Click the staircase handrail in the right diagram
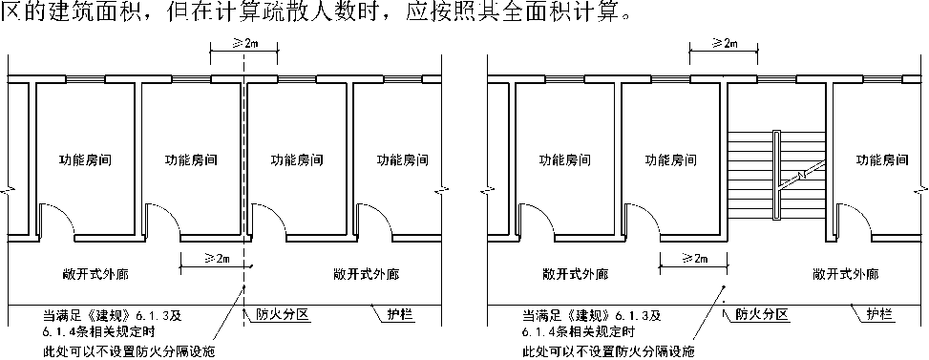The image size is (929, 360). pos(777,176)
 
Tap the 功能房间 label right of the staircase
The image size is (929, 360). pos(882,159)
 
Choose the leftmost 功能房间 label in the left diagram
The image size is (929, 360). pos(85,159)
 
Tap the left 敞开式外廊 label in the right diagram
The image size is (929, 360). pos(575,275)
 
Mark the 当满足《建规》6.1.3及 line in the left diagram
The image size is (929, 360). pos(112,314)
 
